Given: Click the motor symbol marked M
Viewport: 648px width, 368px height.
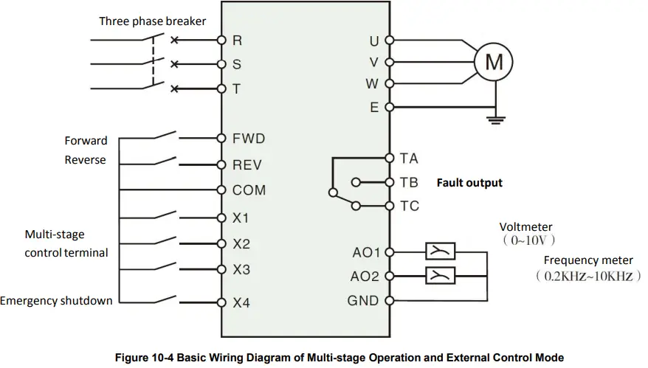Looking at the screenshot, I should tap(493, 63).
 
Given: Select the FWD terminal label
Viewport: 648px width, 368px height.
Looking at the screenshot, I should tap(249, 138).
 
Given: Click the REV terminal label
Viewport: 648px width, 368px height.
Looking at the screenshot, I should tap(247, 165).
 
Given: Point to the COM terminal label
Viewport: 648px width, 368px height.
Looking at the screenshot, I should tap(249, 190).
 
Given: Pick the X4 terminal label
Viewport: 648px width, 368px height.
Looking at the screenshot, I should tap(241, 302).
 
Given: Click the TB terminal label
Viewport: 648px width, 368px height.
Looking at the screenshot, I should tap(409, 182).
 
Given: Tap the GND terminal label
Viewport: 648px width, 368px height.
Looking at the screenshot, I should tap(363, 301).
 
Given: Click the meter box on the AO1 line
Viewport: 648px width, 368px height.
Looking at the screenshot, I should tap(441, 252).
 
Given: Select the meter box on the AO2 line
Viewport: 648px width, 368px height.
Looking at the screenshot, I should tap(441, 276).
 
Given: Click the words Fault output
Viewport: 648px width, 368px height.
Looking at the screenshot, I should tap(469, 182).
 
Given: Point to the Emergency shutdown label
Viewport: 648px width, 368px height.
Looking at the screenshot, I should tap(57, 301).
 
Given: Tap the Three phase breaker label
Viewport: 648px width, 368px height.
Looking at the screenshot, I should tap(153, 21).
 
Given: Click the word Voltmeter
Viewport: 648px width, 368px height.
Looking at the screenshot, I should tap(525, 227).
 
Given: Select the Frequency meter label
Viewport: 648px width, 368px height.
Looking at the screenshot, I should tap(588, 260).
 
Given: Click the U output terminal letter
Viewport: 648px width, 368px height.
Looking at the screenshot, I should tap(374, 40).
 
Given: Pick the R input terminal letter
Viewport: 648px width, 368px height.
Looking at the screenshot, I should tap(237, 40).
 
